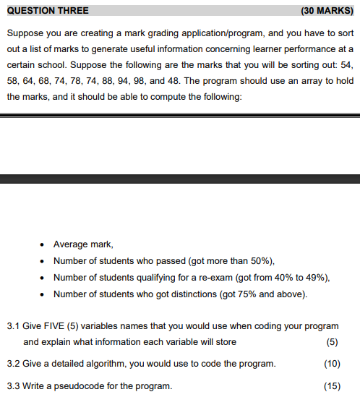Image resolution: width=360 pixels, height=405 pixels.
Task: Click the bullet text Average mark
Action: pyautogui.click(x=83, y=244)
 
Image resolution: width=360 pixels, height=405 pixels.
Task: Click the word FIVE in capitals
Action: pyautogui.click(x=52, y=327)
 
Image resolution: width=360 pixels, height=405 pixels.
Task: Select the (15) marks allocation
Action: pyautogui.click(x=333, y=385)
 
